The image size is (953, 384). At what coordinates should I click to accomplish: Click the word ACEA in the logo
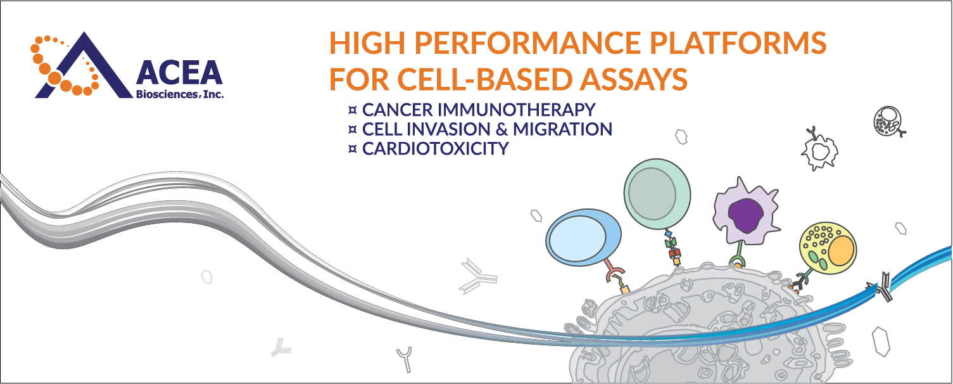180,75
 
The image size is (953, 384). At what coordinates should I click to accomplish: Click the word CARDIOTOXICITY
435,149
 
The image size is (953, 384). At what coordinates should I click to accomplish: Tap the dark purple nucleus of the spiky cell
743,215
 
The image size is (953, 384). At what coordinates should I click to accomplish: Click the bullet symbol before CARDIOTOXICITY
353,150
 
